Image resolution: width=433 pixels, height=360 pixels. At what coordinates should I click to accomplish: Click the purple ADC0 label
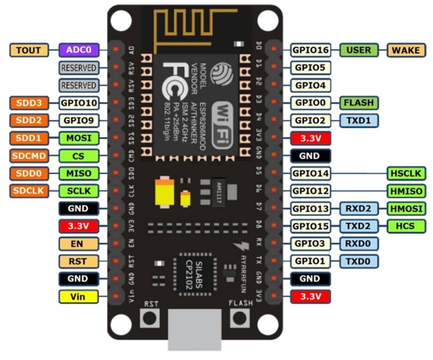(79, 50)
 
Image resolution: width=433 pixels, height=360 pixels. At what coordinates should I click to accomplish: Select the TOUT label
(29, 50)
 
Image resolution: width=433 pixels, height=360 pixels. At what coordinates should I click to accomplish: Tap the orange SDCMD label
(29, 156)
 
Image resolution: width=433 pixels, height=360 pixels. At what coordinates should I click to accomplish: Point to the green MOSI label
(79, 138)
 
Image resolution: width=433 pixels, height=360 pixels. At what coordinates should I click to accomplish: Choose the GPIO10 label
(79, 102)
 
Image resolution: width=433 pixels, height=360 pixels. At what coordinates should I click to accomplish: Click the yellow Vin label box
(79, 296)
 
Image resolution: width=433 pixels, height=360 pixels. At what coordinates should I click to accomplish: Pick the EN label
(79, 243)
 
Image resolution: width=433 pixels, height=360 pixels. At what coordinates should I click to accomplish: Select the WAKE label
(406, 50)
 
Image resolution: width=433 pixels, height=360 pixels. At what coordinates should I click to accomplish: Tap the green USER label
(359, 50)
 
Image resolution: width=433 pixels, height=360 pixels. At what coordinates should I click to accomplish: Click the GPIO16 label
(310, 50)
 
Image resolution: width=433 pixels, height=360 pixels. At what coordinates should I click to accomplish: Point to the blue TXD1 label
(359, 120)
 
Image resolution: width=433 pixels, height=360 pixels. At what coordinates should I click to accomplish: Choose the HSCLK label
(406, 173)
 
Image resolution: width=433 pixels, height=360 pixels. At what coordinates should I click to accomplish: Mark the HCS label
(406, 226)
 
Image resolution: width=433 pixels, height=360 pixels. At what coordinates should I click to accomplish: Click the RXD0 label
(359, 243)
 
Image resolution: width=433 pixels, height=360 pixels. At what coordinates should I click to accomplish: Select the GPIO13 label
(310, 208)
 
